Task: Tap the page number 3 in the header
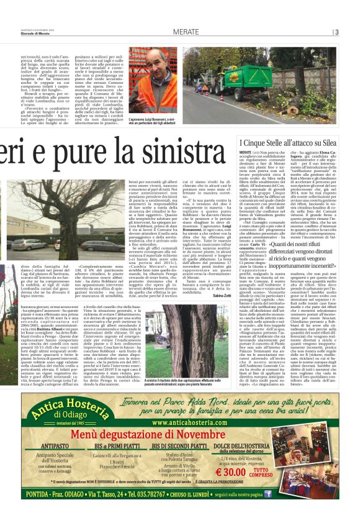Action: pos(336,32)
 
